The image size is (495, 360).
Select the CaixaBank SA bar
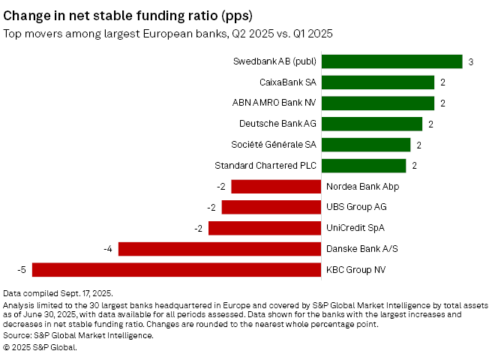[379, 82]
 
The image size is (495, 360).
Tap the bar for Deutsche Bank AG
[373, 124]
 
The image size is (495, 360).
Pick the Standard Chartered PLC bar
[364, 166]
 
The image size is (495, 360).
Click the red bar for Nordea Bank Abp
[276, 187]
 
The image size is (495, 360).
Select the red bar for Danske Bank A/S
[220, 248]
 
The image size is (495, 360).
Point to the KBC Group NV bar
[176, 269]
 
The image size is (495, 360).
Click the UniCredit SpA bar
[265, 228]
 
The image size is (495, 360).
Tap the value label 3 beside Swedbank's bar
[470, 62]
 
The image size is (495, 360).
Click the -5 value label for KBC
[23, 269]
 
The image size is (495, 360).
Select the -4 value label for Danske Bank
[109, 248]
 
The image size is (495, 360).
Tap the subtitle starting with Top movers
[169, 33]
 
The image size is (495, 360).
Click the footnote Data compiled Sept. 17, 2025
[58, 293]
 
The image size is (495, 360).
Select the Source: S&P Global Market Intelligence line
[78, 336]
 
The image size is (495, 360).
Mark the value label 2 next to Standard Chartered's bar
[415, 166]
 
